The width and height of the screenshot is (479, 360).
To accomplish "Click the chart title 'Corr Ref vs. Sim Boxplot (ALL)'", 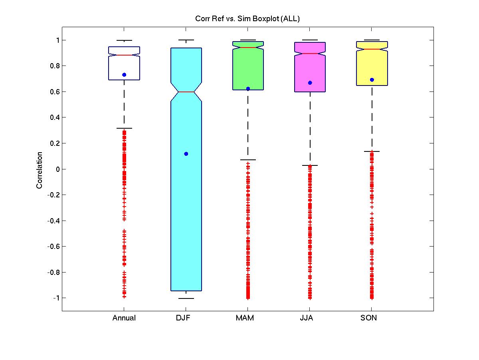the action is tap(247, 19).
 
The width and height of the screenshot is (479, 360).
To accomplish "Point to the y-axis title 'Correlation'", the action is tap(39, 170).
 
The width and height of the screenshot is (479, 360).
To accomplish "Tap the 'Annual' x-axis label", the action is tap(124, 318).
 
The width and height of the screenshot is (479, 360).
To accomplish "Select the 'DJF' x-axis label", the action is tap(183, 318).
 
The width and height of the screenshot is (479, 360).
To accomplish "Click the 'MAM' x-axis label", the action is tap(245, 318).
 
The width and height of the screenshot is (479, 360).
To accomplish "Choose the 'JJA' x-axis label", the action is tap(307, 318).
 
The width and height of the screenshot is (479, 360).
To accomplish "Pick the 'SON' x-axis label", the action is tap(368, 318).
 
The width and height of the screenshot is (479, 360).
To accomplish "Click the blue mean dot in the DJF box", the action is tap(186, 154).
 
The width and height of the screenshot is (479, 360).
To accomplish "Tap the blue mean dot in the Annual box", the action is tap(124, 75).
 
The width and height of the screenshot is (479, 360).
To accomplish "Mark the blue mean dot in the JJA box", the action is tap(310, 83).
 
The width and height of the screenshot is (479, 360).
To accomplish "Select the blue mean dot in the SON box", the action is tap(372, 80).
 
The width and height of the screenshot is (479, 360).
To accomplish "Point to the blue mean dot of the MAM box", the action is tap(248, 89).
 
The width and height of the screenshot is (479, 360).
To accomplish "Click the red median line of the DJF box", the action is tap(186, 92).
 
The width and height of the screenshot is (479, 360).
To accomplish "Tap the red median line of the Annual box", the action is tap(124, 55).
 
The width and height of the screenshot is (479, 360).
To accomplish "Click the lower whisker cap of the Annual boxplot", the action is tap(124, 128).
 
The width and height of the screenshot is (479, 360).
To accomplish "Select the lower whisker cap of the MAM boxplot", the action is tap(248, 160).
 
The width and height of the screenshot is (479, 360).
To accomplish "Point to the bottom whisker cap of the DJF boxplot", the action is tap(186, 298).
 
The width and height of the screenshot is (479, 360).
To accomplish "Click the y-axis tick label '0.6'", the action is tap(55, 92).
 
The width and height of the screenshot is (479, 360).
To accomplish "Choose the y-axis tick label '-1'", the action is tap(56, 298).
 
